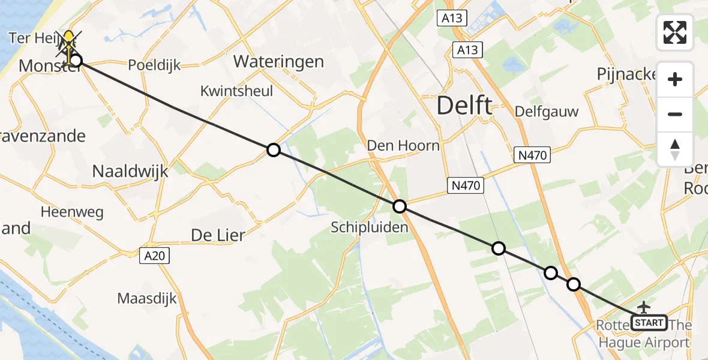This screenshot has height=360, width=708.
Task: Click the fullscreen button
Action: pos(675,32)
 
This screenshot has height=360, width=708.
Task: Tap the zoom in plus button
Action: pos(675,79)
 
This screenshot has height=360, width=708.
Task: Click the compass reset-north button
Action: pos(675,149)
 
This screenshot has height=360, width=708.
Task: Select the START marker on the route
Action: pos(649,323)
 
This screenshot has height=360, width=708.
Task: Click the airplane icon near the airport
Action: pos(644,307)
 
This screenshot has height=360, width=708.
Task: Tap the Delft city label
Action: pos(464,106)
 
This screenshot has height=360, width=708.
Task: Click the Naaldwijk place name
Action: pos(130,172)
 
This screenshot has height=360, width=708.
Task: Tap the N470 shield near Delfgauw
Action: pos(533,155)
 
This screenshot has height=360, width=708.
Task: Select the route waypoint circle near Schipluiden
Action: pos(400,207)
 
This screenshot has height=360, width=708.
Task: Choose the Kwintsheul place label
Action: pos(237,91)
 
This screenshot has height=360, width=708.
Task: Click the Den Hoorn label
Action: pos(403,145)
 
